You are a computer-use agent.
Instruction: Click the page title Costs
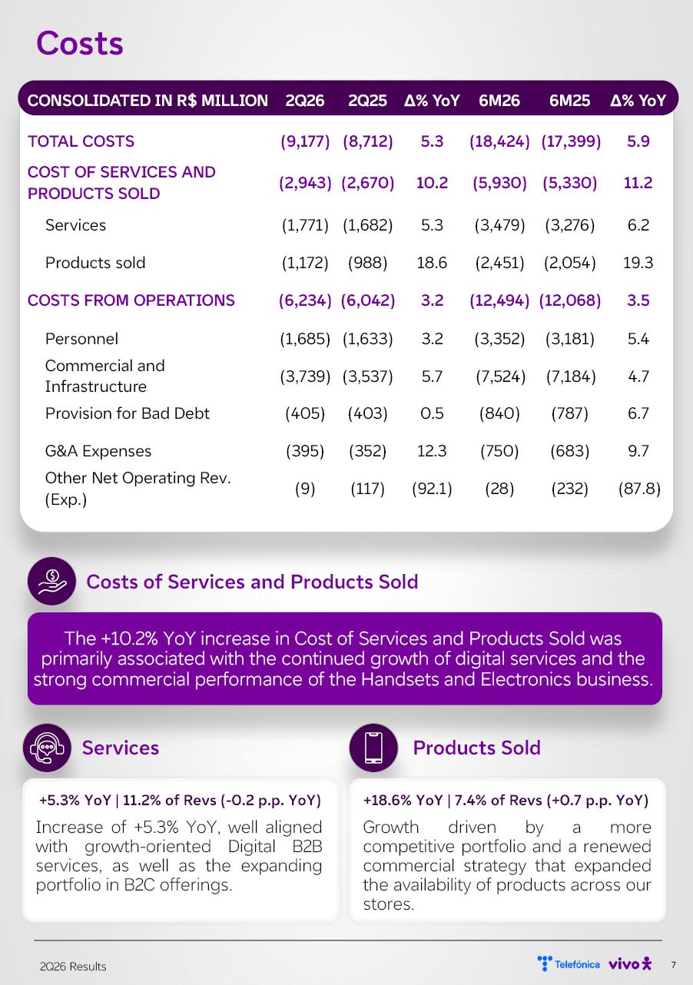pyautogui.click(x=80, y=43)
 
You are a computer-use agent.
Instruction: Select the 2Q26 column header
pyautogui.click(x=305, y=101)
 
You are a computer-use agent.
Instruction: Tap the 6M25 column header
pyautogui.click(x=569, y=101)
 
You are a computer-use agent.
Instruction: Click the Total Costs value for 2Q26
pyautogui.click(x=305, y=141)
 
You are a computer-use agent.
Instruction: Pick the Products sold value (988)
pyautogui.click(x=367, y=263)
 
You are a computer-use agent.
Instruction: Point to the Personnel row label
pyautogui.click(x=81, y=339)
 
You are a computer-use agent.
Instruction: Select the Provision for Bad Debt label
pyautogui.click(x=128, y=413)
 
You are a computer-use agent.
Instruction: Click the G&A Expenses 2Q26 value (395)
pyautogui.click(x=305, y=451)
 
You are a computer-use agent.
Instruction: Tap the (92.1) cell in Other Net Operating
pyautogui.click(x=432, y=489)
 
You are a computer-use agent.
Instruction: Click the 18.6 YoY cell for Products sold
pyautogui.click(x=432, y=263)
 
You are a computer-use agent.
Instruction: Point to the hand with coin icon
pyautogui.click(x=52, y=581)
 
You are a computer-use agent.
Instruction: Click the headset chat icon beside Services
pyautogui.click(x=47, y=748)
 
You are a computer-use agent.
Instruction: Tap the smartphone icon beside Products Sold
pyautogui.click(x=373, y=748)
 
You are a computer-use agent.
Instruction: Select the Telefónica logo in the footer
pyautogui.click(x=569, y=964)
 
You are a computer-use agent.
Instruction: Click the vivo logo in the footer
pyautogui.click(x=630, y=964)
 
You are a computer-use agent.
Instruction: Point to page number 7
pyautogui.click(x=673, y=965)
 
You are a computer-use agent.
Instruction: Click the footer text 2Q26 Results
pyautogui.click(x=73, y=966)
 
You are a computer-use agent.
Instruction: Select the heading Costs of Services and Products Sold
pyautogui.click(x=252, y=582)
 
